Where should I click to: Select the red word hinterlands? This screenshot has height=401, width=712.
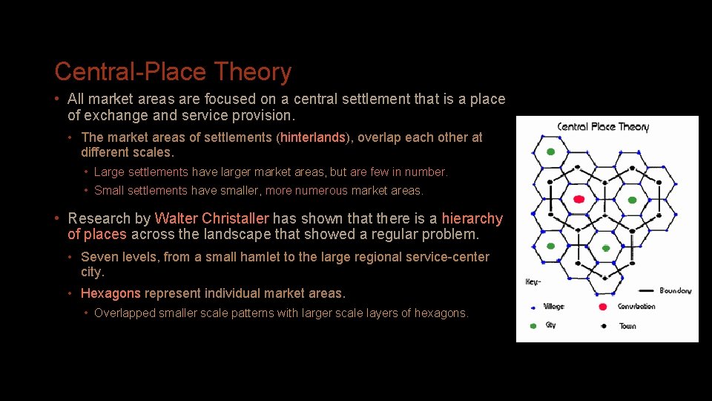pyautogui.click(x=313, y=137)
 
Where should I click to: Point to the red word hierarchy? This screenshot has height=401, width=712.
pyautogui.click(x=472, y=219)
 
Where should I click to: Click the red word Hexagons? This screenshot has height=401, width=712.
pyautogui.click(x=111, y=293)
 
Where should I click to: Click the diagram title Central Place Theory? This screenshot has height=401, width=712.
pyautogui.click(x=602, y=127)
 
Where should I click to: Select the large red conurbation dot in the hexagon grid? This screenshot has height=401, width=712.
pyautogui.click(x=579, y=199)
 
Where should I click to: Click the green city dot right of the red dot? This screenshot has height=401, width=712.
pyautogui.click(x=632, y=200)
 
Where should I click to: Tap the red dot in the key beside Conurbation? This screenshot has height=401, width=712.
pyautogui.click(x=602, y=307)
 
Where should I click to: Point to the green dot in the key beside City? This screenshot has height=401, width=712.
pyautogui.click(x=532, y=325)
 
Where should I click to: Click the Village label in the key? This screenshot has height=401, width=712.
pyautogui.click(x=553, y=307)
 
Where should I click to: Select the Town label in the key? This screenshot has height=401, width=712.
pyautogui.click(x=627, y=326)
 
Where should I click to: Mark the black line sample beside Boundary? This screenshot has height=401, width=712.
pyautogui.click(x=645, y=290)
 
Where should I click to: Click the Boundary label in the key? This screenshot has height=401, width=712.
pyautogui.click(x=675, y=290)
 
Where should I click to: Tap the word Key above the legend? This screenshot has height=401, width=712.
pyautogui.click(x=532, y=282)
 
